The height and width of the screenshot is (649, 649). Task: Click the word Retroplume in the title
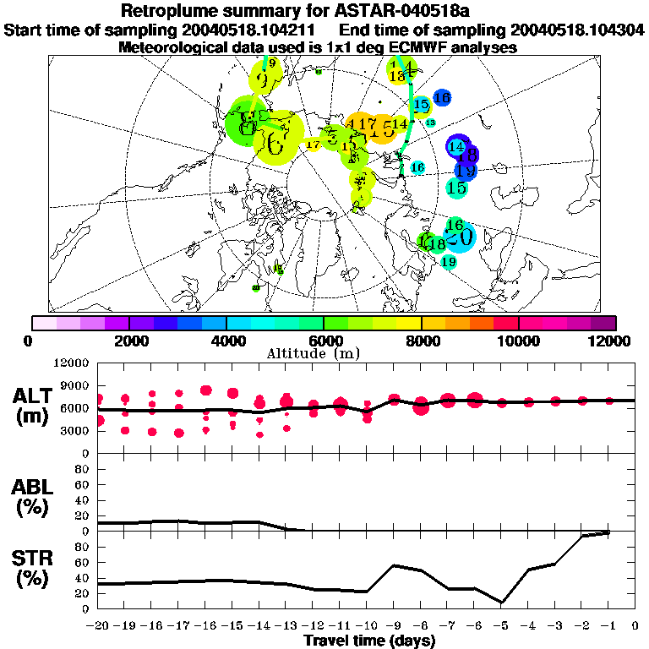(173, 11)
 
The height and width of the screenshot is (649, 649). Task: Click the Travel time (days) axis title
(369, 641)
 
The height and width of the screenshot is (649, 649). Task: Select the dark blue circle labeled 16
(441, 98)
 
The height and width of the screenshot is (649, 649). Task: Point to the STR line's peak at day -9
(393, 565)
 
